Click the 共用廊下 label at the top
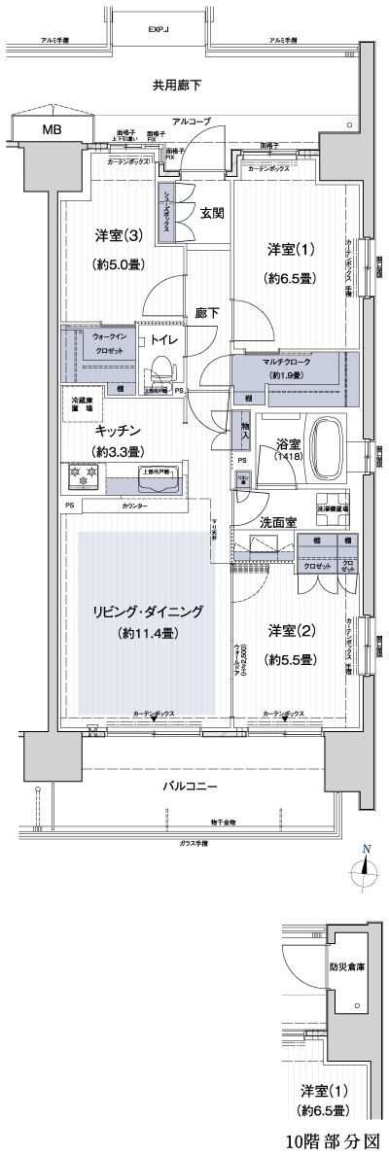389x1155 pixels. click(x=177, y=86)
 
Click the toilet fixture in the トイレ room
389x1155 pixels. click(x=162, y=370)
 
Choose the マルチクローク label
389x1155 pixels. click(x=284, y=361)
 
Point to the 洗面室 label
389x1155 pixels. click(x=278, y=523)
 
